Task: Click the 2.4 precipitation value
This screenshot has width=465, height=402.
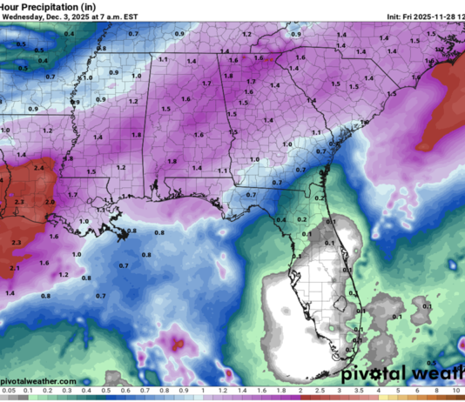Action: pos(38,166)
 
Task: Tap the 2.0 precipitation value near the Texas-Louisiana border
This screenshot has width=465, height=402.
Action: pos(51,201)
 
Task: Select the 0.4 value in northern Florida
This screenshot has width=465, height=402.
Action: pos(280,219)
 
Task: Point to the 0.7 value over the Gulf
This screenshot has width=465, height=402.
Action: pos(124,265)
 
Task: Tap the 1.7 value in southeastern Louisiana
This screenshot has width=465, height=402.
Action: pos(73,195)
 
